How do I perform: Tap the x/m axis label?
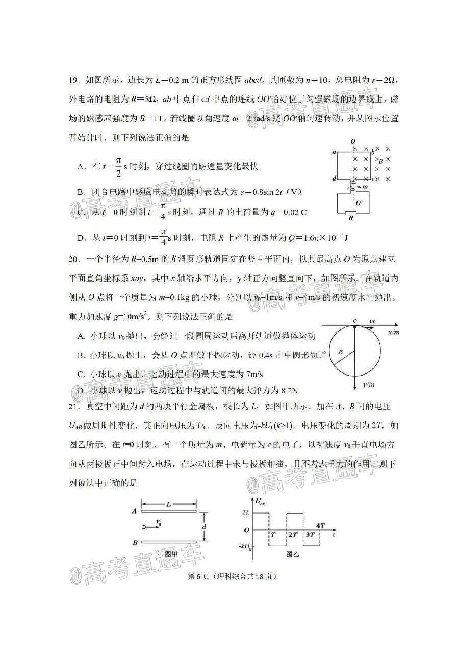point(393,332)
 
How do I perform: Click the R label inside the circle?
point(340,351)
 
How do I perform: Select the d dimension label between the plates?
point(203,526)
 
